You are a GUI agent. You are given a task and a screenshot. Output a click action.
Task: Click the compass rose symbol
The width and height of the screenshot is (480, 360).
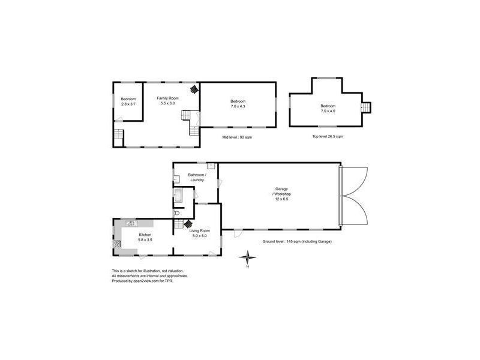tap(247, 258)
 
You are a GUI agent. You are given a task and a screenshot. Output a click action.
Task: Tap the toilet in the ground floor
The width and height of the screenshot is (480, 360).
tap(176, 212)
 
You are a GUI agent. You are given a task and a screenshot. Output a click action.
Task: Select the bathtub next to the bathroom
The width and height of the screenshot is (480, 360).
tap(178, 196)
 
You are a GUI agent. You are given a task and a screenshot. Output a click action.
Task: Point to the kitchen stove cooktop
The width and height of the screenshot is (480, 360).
tap(118, 244)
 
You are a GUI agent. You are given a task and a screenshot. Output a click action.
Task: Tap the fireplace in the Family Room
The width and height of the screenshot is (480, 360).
tap(194, 89)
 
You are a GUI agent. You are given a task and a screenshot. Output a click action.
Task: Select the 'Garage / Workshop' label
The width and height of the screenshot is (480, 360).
tap(280, 191)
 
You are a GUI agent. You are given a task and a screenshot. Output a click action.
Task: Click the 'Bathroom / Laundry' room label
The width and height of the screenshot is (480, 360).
tap(197, 177)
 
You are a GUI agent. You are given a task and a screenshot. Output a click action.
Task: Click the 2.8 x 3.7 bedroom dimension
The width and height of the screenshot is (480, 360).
tap(128, 104)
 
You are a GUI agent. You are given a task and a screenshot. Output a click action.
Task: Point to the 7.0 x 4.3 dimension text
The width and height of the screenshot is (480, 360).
tap(238, 107)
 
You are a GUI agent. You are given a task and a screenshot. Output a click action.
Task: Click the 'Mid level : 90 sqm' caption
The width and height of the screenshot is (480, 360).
tap(236, 137)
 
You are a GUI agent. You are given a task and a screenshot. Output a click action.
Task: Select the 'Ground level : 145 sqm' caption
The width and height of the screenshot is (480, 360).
tap(296, 241)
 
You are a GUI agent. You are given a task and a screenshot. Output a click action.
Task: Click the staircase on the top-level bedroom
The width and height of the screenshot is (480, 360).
tap(366, 107)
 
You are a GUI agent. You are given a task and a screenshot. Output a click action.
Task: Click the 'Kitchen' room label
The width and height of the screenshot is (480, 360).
tap(145, 235)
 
